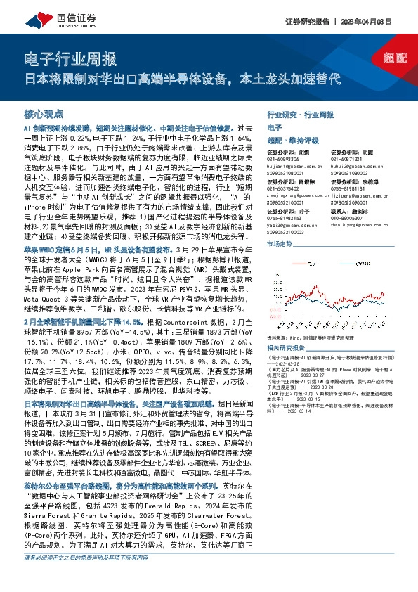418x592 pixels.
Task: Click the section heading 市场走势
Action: [x=280, y=243]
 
